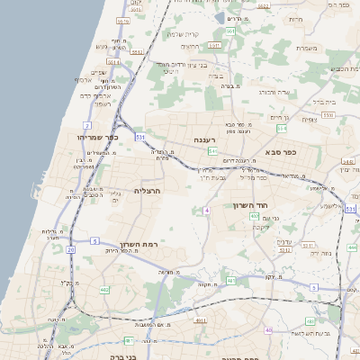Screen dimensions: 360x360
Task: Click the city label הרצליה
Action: click(147, 191)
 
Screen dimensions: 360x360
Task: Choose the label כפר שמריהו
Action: click(98, 137)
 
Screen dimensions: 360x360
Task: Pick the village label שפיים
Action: click(99, 73)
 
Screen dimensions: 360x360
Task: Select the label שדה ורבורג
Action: click(274, 91)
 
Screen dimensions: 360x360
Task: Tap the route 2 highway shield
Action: click(87, 125)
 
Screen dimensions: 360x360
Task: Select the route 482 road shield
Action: click(104, 290)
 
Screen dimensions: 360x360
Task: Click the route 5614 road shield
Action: click(122, 21)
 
